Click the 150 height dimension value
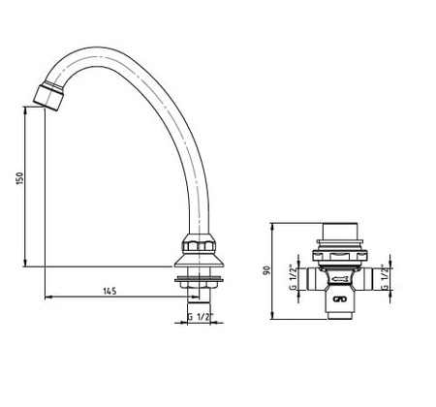(x=20, y=178)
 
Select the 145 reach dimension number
(x=109, y=291)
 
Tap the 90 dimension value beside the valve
(x=266, y=270)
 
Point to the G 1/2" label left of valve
(x=293, y=277)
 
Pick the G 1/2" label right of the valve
(x=385, y=277)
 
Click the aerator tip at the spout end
(x=48, y=97)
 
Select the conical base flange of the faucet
(x=200, y=260)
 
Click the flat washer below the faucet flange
(x=200, y=278)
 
